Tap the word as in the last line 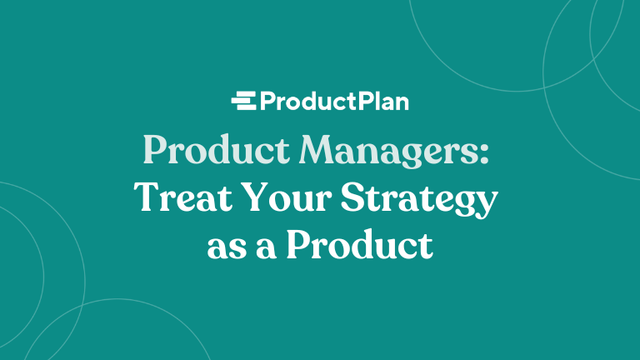tap(225, 247)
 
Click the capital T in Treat tap(145, 198)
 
